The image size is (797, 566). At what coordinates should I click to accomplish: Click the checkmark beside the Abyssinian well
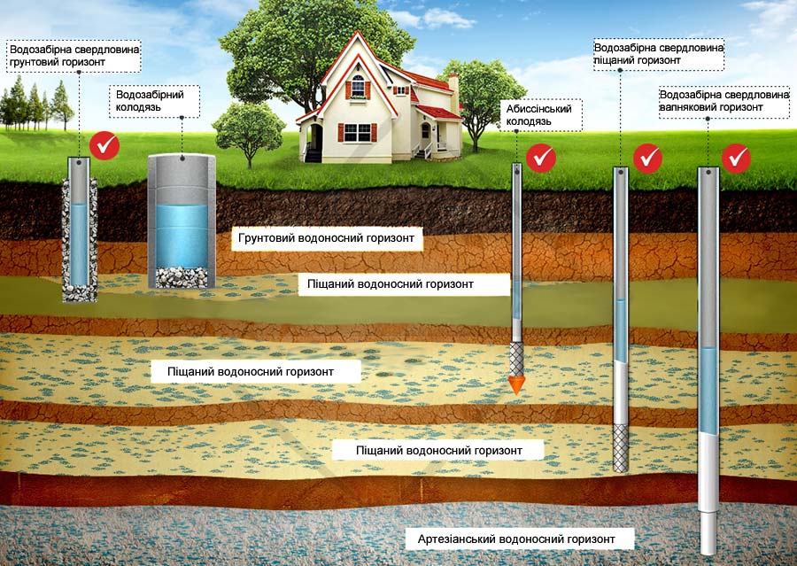(x=541, y=158)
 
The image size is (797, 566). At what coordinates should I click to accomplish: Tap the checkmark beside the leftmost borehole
(x=106, y=145)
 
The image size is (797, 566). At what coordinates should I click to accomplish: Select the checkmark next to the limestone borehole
(x=736, y=159)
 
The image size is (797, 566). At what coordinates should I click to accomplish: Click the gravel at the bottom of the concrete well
(x=181, y=275)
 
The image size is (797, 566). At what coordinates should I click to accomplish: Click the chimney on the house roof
(x=453, y=90)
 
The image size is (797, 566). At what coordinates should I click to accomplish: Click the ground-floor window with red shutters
(x=358, y=133)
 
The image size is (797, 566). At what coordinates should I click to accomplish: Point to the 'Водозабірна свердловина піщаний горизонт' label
(x=659, y=54)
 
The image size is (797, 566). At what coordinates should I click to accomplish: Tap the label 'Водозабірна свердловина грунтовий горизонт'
(x=74, y=56)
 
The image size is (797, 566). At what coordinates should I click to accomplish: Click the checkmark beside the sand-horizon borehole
(x=648, y=158)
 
